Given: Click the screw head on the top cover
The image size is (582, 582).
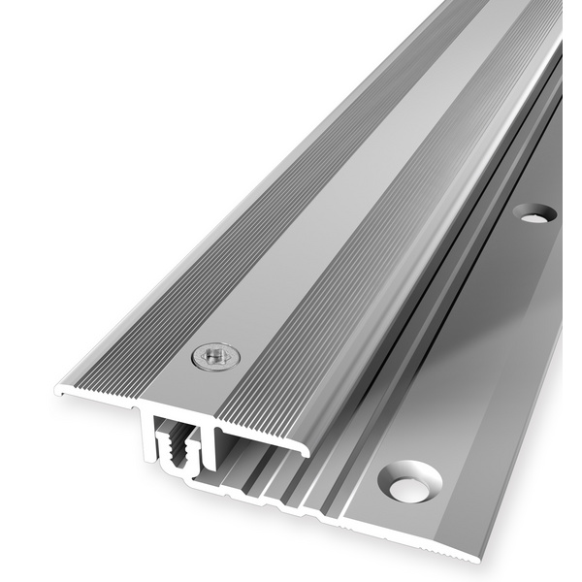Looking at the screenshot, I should point(213,358).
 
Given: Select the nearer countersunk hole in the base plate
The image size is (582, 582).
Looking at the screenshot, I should point(409,482).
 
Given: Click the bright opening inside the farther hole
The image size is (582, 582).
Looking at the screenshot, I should point(533,216).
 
